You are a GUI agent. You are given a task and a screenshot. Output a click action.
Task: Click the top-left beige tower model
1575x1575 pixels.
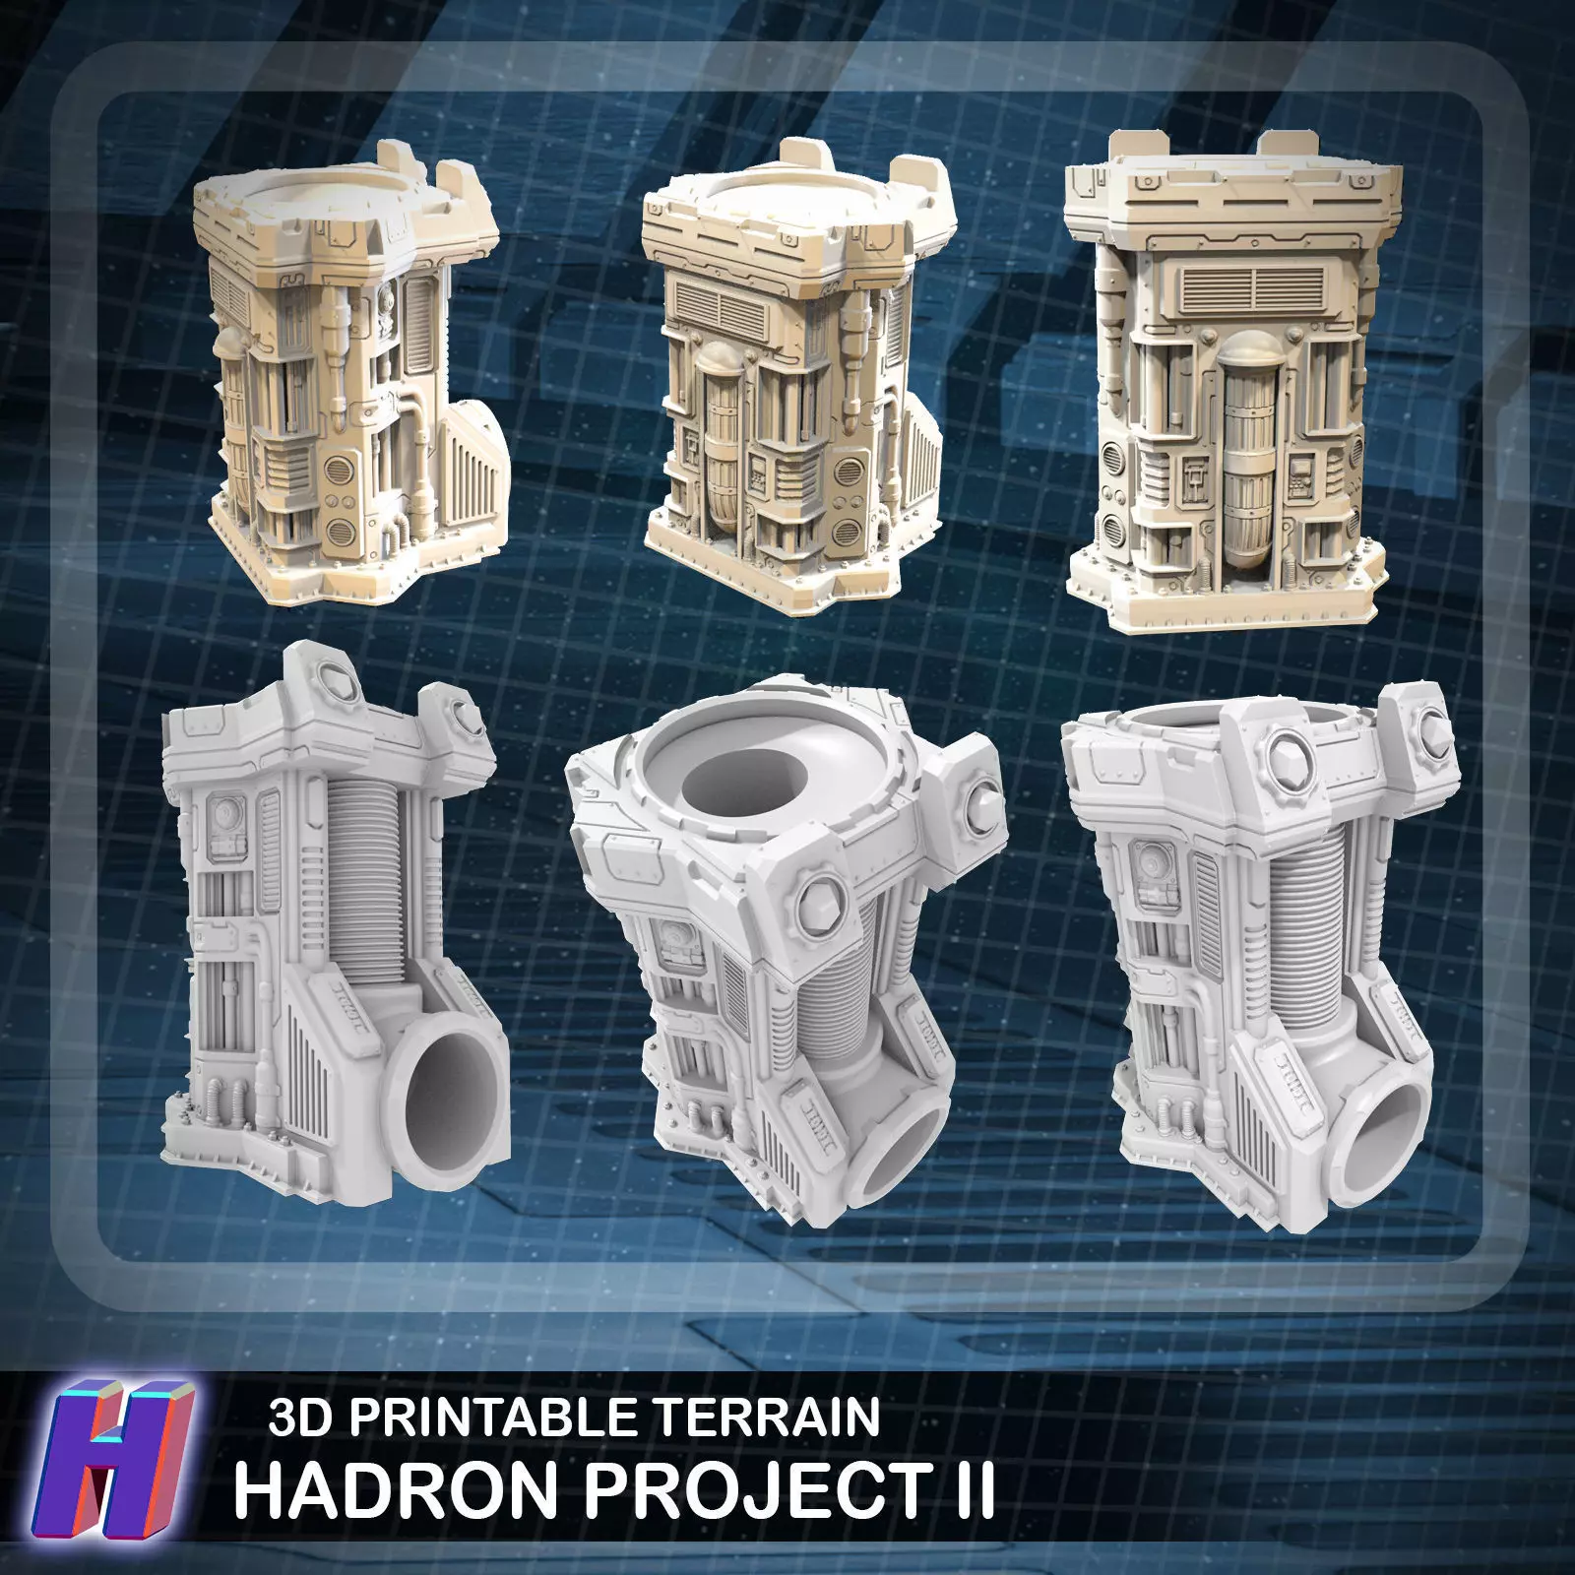tap(354, 384)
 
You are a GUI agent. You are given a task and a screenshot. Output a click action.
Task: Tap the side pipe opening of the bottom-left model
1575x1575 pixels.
tap(453, 1093)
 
